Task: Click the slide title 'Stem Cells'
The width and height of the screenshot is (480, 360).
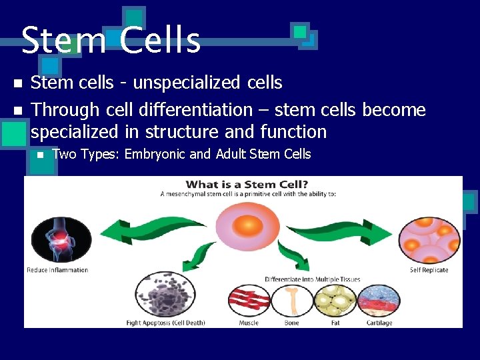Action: [x=111, y=40]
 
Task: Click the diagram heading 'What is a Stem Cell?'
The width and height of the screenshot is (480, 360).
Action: [x=246, y=185]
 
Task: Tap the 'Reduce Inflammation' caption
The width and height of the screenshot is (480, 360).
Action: [x=57, y=270]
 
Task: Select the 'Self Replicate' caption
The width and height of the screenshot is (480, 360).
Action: [x=429, y=270]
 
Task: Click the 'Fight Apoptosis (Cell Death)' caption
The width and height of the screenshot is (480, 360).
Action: [x=165, y=323]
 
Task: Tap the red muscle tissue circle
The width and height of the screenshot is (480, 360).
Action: [x=249, y=300]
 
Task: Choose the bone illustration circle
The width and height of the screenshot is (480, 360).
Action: [x=291, y=300]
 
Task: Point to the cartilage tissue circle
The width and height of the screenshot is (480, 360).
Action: [x=378, y=300]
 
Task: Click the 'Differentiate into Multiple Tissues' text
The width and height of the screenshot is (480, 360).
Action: [x=313, y=279]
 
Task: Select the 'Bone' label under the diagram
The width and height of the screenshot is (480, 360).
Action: [x=291, y=323]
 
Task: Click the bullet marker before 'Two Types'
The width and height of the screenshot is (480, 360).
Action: [x=40, y=155]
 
